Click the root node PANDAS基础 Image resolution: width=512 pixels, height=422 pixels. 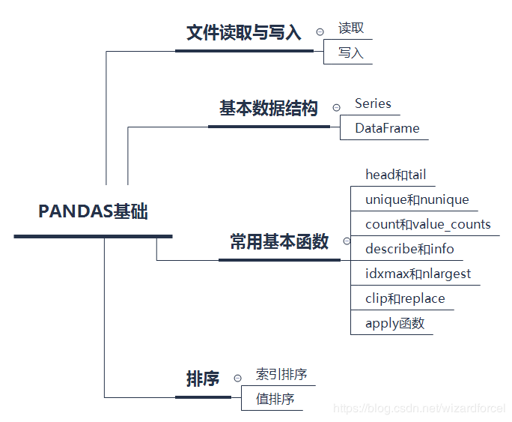pyautogui.click(x=93, y=212)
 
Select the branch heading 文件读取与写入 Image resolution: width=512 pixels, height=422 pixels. pyautogui.click(x=243, y=33)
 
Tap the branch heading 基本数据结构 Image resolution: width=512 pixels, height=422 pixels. pyautogui.click(x=268, y=109)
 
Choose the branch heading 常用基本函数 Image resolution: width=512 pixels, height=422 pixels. pyautogui.click(x=279, y=242)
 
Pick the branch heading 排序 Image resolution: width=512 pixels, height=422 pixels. pyautogui.click(x=203, y=379)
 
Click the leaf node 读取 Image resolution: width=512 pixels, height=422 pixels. pyautogui.click(x=351, y=28)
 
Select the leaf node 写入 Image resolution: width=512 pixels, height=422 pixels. pyautogui.click(x=350, y=53)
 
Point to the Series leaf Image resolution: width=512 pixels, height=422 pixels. pyautogui.click(x=373, y=103)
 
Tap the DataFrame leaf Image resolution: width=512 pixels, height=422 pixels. pyautogui.click(x=387, y=128)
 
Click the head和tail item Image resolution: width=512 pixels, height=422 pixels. pyautogui.click(x=395, y=175)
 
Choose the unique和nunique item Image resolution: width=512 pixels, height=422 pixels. pyautogui.click(x=417, y=199)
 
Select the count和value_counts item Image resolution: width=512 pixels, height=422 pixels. pyautogui.click(x=427, y=224)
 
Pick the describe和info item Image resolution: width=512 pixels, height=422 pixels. pyautogui.click(x=409, y=249)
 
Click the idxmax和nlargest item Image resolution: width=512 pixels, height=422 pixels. pyautogui.click(x=418, y=274)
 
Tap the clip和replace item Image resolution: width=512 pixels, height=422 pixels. pyautogui.click(x=405, y=298)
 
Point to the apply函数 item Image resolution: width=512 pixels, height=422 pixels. pyautogui.click(x=394, y=324)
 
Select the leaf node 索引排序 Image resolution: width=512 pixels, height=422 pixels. pyautogui.click(x=281, y=375)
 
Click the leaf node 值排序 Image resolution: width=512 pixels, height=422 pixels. pyautogui.click(x=275, y=399)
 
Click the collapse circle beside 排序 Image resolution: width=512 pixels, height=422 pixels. pyautogui.click(x=238, y=379)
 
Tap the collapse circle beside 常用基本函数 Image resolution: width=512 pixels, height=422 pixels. pyautogui.click(x=347, y=241)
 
